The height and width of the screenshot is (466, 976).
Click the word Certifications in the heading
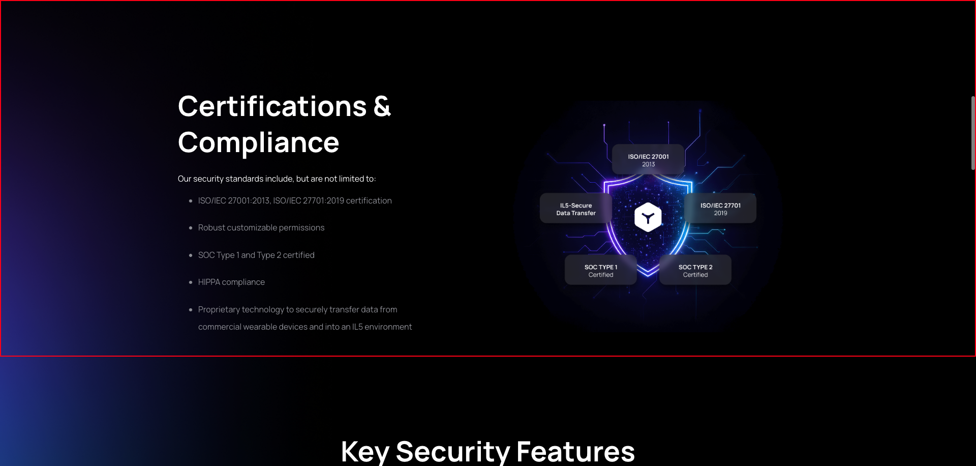[x=272, y=106]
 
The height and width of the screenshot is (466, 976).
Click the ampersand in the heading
[x=382, y=106]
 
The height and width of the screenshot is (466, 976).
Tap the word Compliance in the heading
[x=258, y=142]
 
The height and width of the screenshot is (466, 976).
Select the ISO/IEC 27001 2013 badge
[x=648, y=160]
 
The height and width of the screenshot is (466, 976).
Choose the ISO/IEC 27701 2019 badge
[x=720, y=209]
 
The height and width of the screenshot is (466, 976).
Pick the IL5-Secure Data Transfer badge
[x=576, y=209]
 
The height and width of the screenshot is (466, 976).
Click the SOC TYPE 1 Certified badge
[x=601, y=270]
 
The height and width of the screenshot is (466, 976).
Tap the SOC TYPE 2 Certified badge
[x=695, y=270]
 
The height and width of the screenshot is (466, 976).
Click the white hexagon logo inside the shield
[x=648, y=217]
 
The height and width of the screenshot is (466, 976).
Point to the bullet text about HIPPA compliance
[x=231, y=282]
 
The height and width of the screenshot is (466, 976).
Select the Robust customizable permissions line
[x=261, y=227]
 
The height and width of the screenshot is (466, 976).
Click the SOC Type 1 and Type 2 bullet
[x=256, y=255]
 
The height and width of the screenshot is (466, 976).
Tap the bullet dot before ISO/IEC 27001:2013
[x=191, y=201]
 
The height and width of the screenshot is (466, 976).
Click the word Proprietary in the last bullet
[x=220, y=309]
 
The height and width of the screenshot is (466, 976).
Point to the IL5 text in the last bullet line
[x=357, y=327]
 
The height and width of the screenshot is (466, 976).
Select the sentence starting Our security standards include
[x=277, y=179]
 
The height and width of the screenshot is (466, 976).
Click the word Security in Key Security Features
[x=453, y=451]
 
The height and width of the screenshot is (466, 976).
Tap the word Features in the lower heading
[x=575, y=451]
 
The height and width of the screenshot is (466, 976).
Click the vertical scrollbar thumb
[x=973, y=133]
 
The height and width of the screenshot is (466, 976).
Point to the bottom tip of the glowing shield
[x=648, y=276]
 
